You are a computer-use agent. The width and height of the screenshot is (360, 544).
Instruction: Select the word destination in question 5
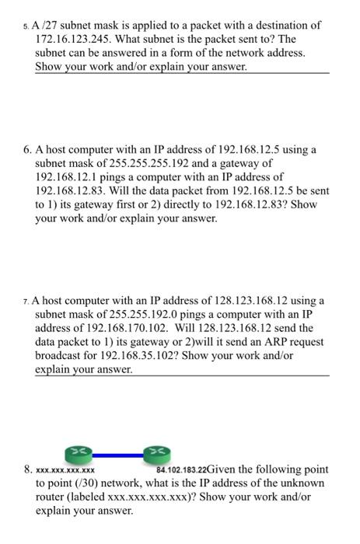click(x=284, y=25)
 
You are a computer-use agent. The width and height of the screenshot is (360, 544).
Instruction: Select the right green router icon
click(x=156, y=452)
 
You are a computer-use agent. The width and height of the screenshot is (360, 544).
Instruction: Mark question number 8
click(x=27, y=470)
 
